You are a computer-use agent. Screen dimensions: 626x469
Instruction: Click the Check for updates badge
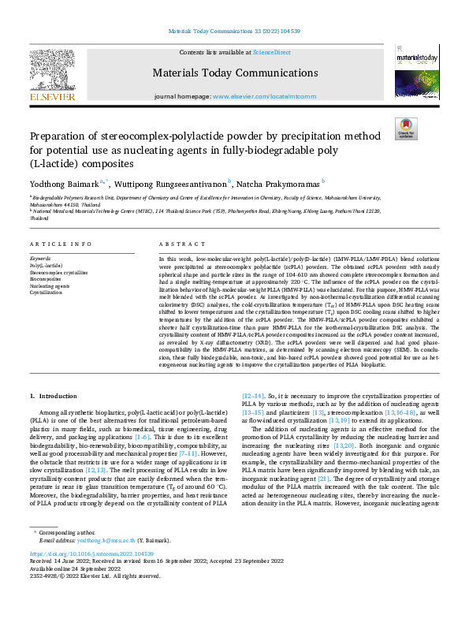[x=406, y=129]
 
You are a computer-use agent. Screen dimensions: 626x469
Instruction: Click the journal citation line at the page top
[x=234, y=32]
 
